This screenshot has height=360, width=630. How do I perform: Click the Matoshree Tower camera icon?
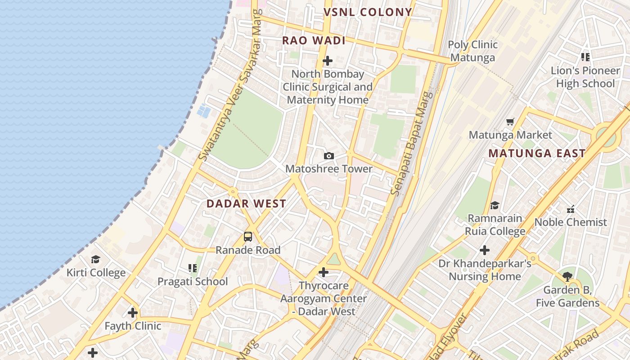click(x=329, y=156)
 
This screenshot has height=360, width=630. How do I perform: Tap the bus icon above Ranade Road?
click(x=248, y=236)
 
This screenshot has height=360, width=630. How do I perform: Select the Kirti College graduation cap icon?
click(x=95, y=259)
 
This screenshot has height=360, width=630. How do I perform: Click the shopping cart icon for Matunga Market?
click(x=510, y=121)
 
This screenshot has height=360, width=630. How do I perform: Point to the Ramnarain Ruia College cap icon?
click(x=495, y=205)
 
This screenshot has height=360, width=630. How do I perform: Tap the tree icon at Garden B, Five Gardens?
click(x=567, y=276)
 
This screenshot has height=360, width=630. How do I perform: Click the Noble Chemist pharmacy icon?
click(x=571, y=209)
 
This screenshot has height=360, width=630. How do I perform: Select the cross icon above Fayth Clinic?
click(x=132, y=312)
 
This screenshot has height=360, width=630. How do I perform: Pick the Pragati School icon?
click(x=193, y=268)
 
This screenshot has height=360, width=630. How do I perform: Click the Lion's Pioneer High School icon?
click(x=585, y=57)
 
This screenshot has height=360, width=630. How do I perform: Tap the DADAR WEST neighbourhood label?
click(x=246, y=203)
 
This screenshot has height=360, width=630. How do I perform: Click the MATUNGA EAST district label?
click(x=537, y=153)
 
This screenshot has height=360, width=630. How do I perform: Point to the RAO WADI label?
click(x=314, y=40)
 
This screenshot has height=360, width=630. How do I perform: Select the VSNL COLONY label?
click(x=368, y=12)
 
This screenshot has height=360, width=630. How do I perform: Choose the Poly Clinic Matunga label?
click(x=472, y=51)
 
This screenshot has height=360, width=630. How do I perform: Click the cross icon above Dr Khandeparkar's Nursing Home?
click(x=485, y=250)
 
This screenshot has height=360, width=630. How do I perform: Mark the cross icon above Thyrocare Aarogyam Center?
click(x=323, y=272)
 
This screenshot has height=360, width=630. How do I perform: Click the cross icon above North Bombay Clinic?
click(x=328, y=60)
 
